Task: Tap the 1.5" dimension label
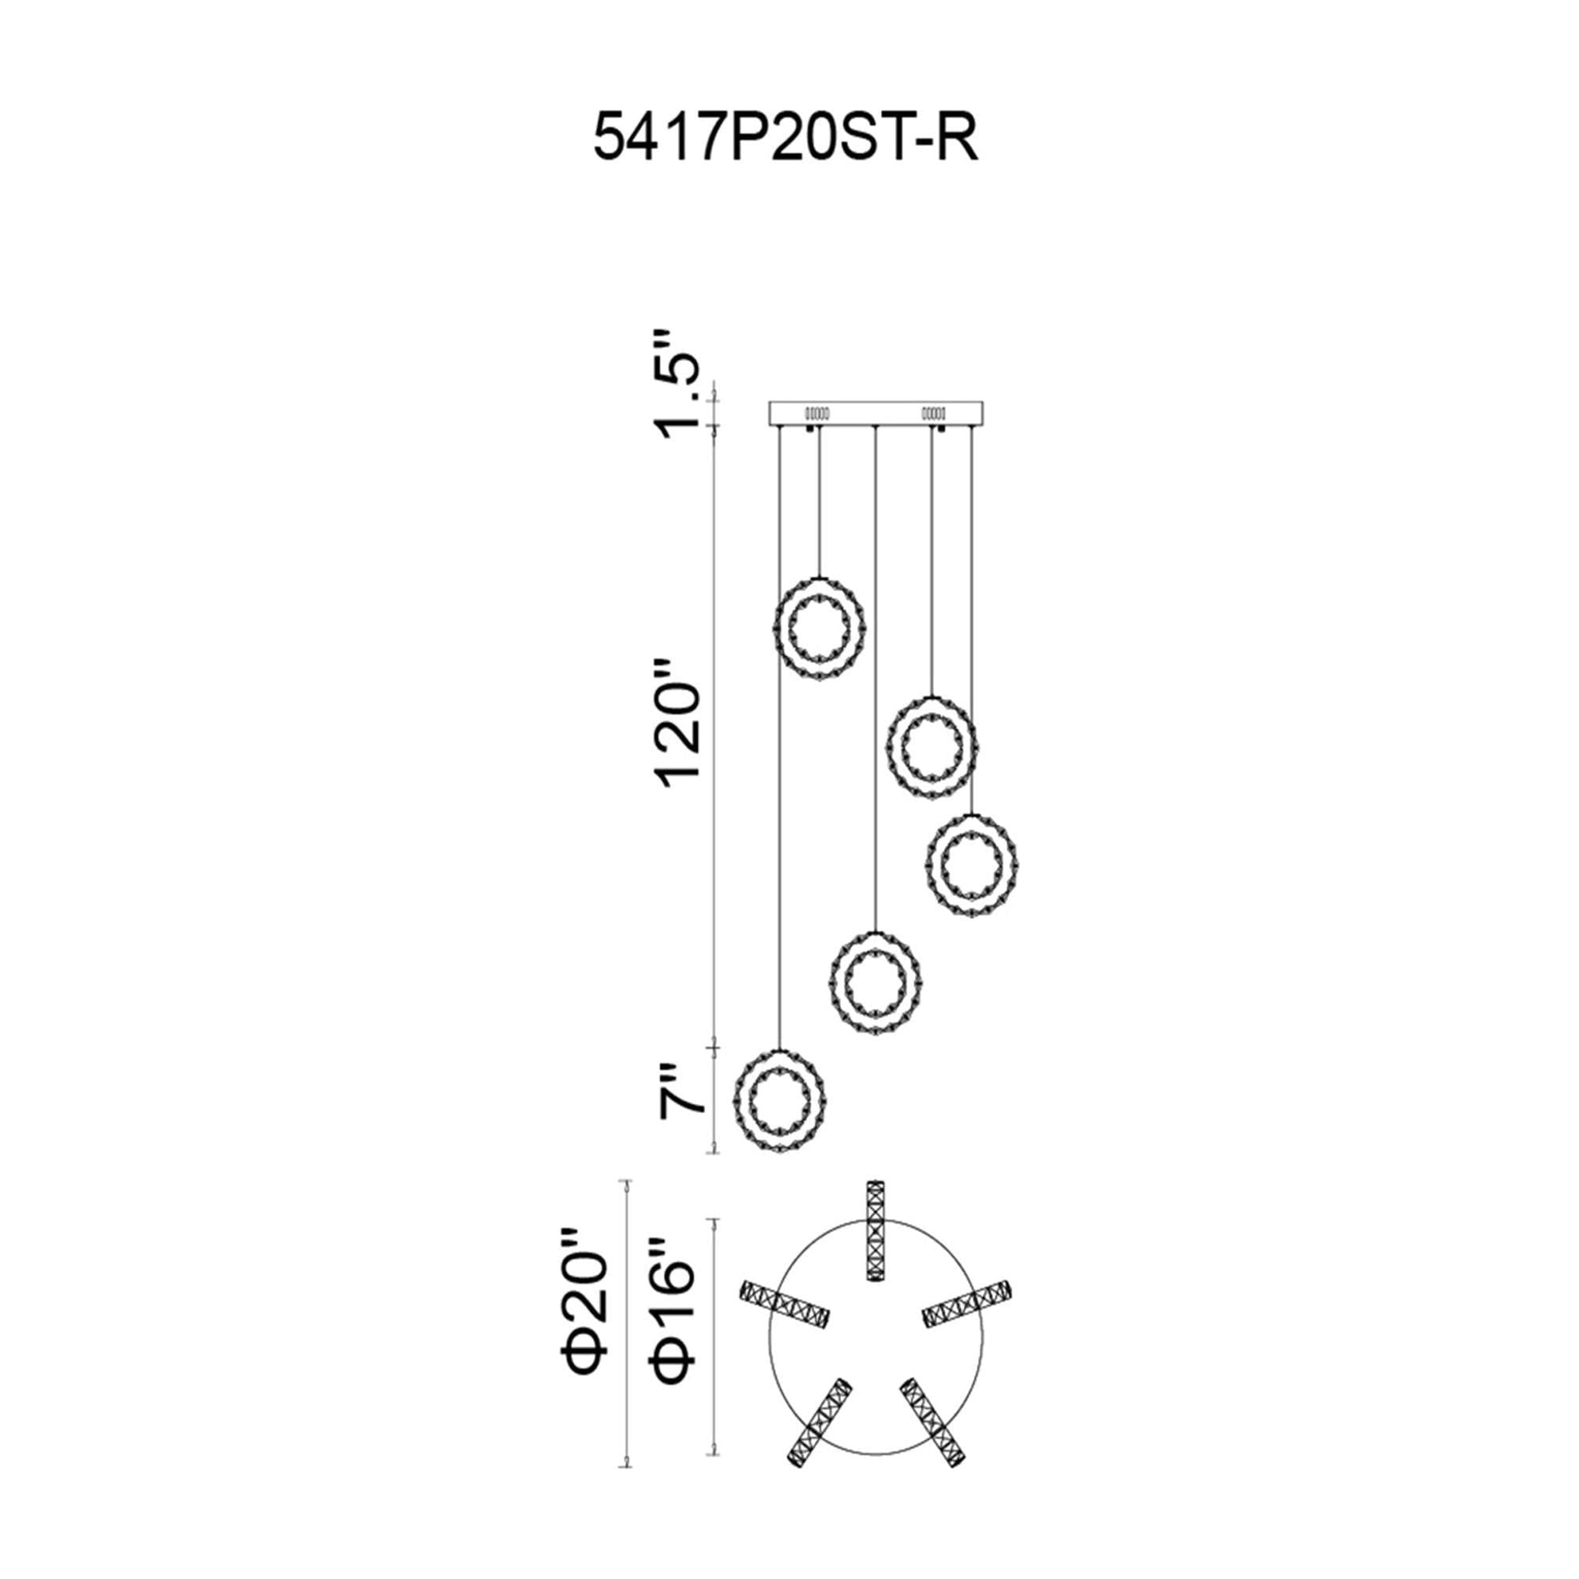[x=679, y=386]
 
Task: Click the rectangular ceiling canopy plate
[x=876, y=413]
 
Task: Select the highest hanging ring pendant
[x=820, y=625]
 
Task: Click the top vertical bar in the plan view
[x=876, y=1234]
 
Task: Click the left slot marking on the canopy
[x=818, y=411]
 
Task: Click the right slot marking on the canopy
[x=933, y=411]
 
